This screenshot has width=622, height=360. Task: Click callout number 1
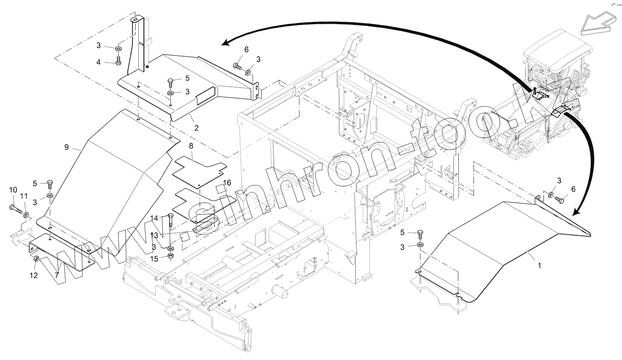(540, 266)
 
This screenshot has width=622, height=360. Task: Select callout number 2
(196, 128)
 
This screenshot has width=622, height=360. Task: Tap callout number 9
(66, 147)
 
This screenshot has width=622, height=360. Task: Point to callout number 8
(191, 146)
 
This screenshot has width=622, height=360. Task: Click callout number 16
(227, 183)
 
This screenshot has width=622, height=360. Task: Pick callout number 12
(34, 275)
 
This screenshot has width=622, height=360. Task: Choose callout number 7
(57, 275)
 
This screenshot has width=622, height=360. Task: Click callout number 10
(13, 190)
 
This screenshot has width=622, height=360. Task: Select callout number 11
(24, 196)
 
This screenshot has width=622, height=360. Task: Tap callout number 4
(98, 62)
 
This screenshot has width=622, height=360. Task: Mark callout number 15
(155, 259)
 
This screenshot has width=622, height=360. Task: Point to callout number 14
(155, 218)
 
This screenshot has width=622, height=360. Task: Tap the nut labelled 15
(171, 257)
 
